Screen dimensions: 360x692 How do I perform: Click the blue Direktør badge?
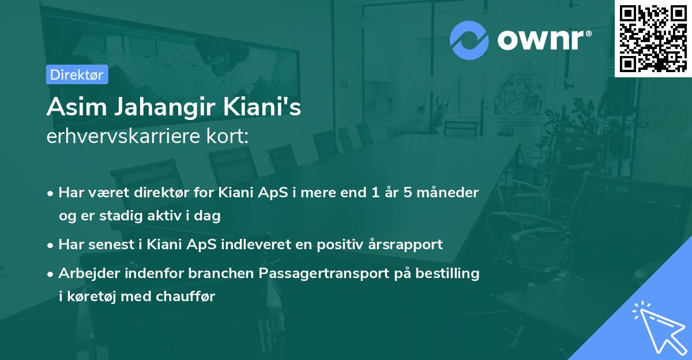pos(77,74)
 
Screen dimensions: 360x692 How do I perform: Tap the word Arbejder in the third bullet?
pos(86,273)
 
